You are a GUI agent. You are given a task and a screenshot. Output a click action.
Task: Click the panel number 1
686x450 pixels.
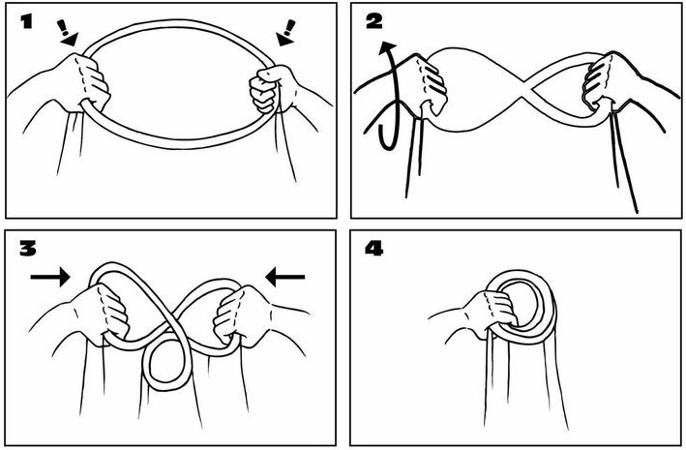point(27,21)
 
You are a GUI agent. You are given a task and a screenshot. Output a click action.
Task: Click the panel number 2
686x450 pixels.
point(374,21)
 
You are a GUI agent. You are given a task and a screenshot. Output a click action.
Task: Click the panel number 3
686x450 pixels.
point(27,249)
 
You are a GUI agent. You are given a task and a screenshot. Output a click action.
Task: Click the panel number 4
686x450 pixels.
point(374,249)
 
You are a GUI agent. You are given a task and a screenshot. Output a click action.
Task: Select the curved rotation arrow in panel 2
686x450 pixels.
point(389,97)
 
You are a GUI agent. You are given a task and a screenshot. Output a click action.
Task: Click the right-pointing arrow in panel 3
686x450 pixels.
point(50,277)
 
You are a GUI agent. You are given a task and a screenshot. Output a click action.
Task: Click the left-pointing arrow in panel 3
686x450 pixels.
point(284,277)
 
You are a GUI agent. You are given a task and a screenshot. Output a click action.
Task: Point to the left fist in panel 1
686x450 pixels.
point(87,82)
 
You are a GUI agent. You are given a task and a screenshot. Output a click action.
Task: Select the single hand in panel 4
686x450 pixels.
point(490,312)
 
